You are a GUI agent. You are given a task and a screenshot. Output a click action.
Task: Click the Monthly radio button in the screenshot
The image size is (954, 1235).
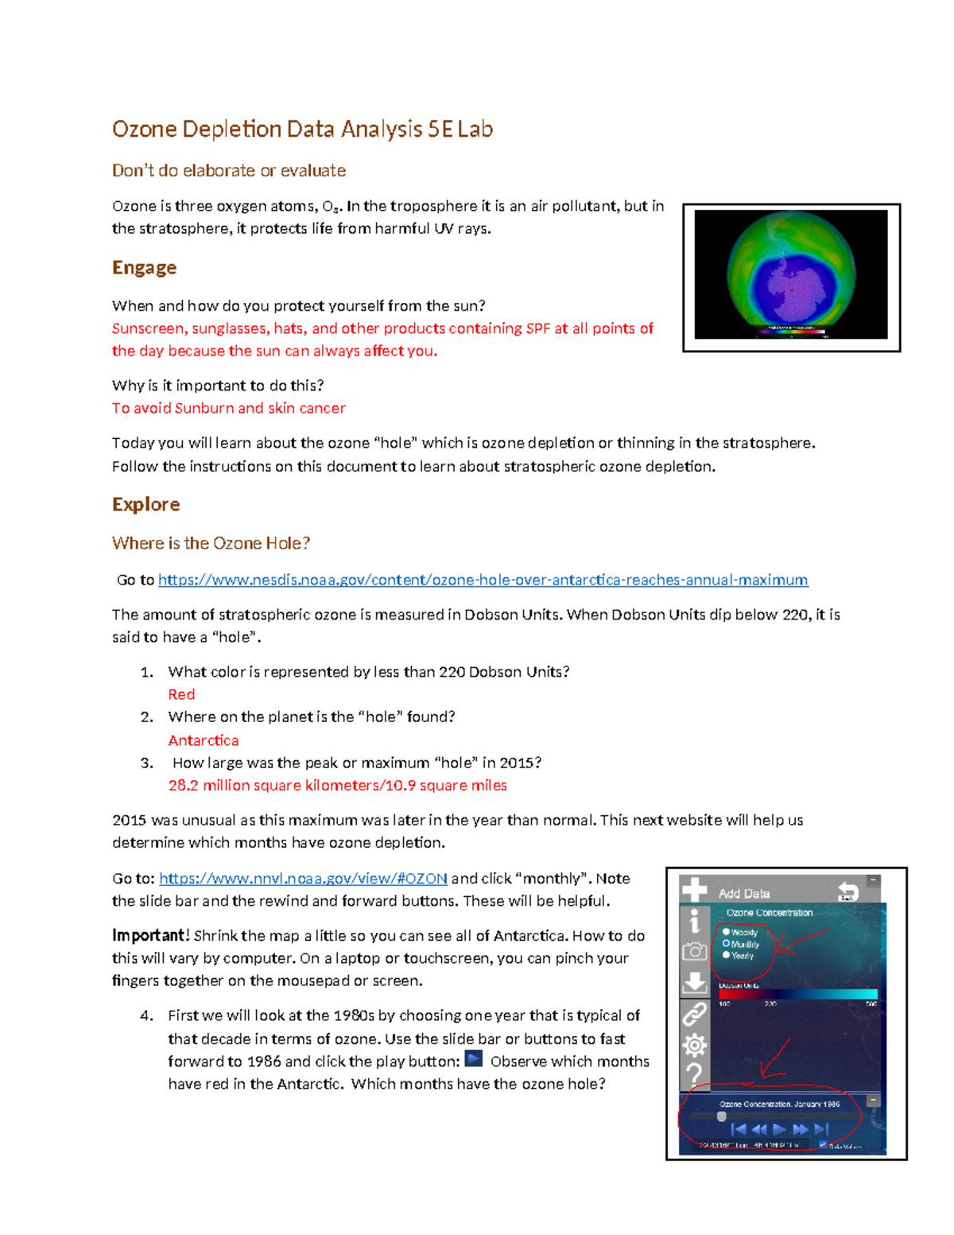726,943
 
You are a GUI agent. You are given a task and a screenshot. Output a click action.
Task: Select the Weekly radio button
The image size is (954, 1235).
726,931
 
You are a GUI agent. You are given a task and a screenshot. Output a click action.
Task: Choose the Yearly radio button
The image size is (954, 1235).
726,955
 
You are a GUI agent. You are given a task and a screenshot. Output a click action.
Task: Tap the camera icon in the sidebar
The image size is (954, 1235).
694,951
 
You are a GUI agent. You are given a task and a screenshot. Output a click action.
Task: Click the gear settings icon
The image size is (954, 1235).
694,1045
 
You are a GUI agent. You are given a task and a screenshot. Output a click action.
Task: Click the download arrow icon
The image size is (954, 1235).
694,982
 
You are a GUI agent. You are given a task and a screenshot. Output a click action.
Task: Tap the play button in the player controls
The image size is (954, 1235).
780,1129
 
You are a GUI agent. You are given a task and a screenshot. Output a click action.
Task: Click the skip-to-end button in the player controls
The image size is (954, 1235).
821,1129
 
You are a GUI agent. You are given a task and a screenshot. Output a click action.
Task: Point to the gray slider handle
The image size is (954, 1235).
722,1117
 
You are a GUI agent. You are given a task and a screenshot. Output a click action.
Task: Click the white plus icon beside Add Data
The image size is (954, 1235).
694,890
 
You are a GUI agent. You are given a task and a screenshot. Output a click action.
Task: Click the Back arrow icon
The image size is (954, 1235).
847,891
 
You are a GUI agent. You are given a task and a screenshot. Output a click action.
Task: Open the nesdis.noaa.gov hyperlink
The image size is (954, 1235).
483,580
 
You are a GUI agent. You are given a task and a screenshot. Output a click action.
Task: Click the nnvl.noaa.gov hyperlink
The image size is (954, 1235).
303,878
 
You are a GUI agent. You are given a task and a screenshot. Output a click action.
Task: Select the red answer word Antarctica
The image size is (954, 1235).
204,740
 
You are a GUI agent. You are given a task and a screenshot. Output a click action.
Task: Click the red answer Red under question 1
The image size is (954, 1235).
181,694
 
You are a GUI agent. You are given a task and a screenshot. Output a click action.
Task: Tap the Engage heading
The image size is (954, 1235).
144,267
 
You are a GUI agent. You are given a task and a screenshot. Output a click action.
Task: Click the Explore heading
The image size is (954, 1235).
145,504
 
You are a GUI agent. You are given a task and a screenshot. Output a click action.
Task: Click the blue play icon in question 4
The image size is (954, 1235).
474,1059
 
